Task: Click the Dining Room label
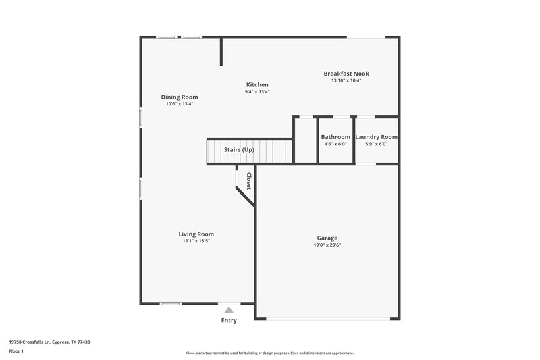tap(179, 97)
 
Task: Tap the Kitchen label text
tap(257, 85)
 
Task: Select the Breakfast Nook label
tap(346, 74)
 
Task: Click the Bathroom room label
tap(335, 137)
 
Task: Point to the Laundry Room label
tap(376, 137)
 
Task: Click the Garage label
tap(327, 238)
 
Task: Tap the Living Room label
tap(196, 234)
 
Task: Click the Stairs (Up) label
tap(239, 149)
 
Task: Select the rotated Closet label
tap(248, 181)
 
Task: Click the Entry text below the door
tap(229, 320)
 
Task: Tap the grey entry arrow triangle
tap(229, 310)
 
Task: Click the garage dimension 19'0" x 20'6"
tap(327, 245)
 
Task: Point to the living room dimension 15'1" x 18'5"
tap(196, 241)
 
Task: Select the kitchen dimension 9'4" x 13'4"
tap(257, 92)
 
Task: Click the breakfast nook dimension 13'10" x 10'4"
tap(346, 80)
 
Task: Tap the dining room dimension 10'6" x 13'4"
tap(179, 104)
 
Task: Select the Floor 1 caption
tap(16, 352)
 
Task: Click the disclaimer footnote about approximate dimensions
tap(269, 353)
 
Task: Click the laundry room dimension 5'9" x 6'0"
tap(376, 143)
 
